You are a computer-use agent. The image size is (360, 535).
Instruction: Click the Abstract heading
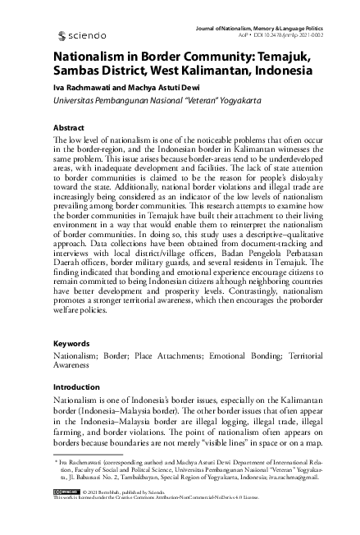(x=68, y=129)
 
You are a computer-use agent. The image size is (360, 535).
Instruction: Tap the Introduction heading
(x=76, y=386)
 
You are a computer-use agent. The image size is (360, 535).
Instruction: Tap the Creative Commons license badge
(x=66, y=513)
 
